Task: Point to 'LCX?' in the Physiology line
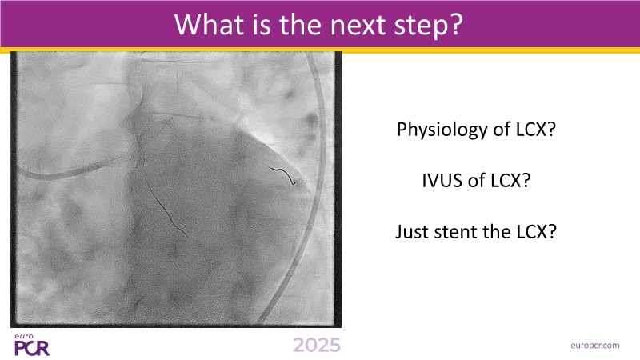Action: [536, 130]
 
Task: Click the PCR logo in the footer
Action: [32, 348]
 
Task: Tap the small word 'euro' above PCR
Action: [24, 337]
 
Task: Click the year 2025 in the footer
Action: [317, 346]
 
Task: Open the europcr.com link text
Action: [594, 346]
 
